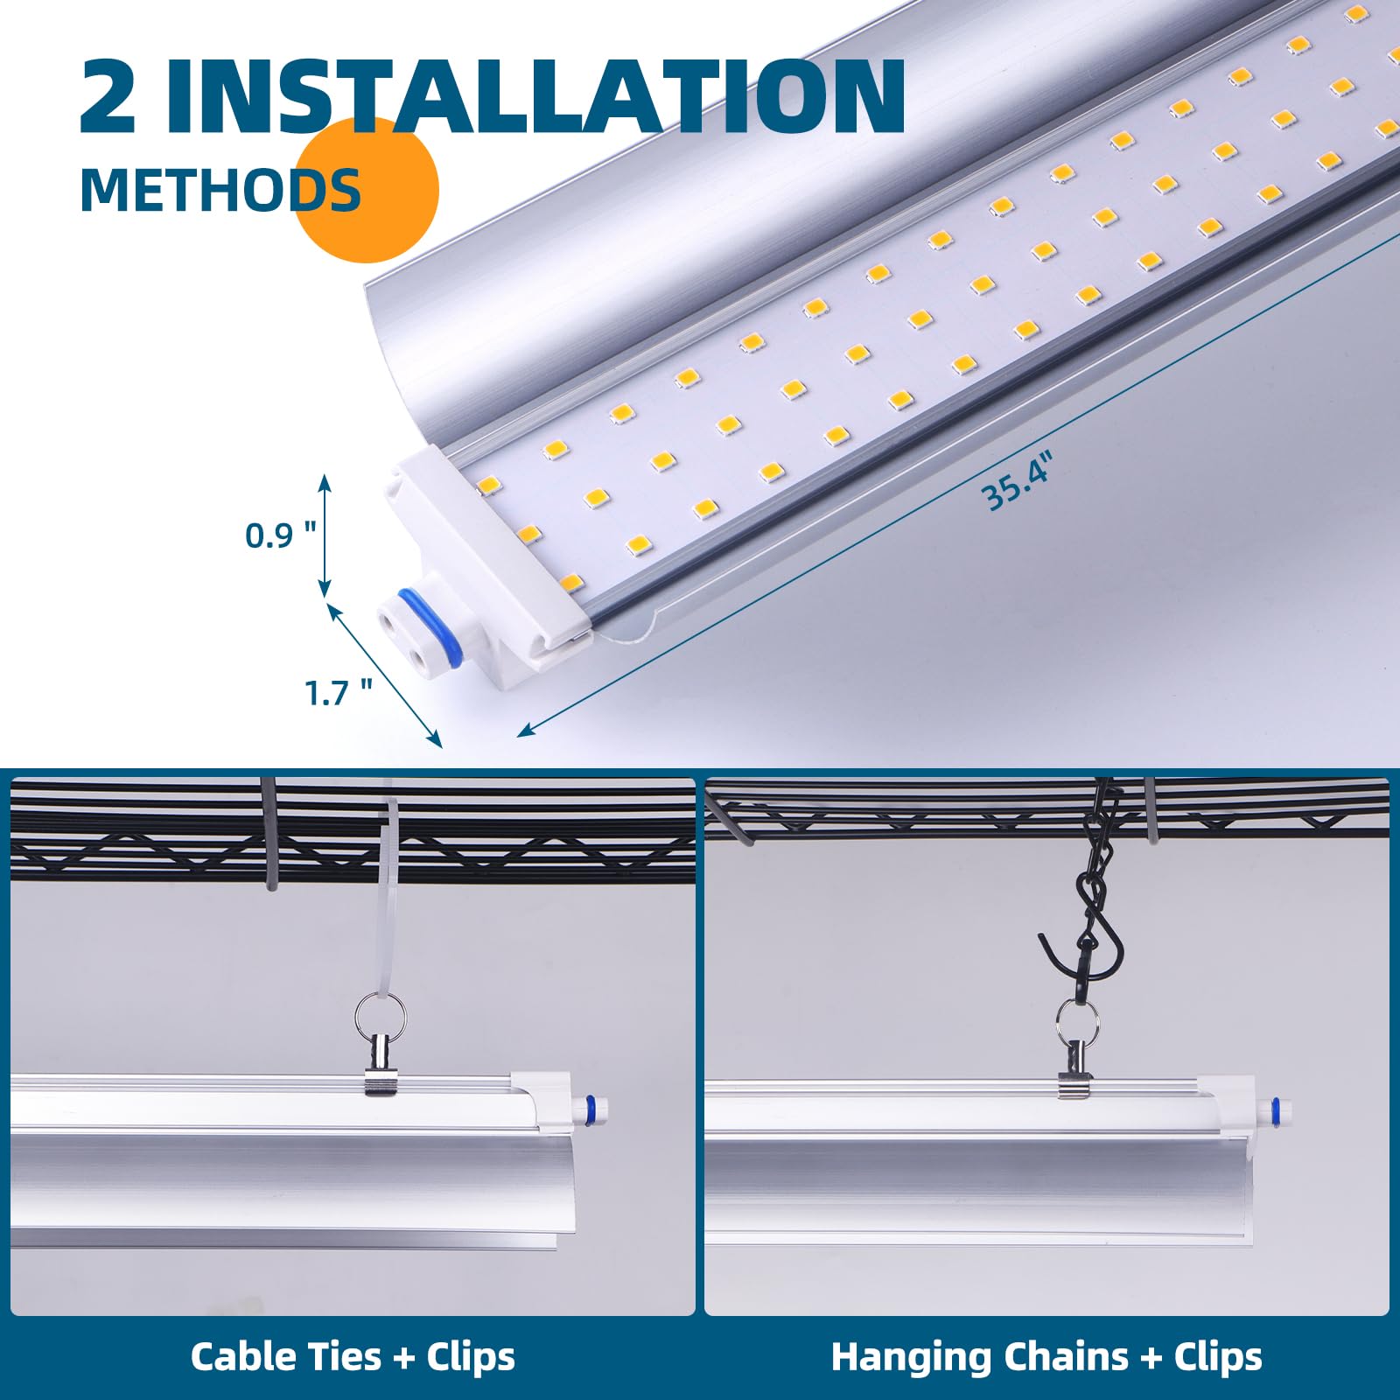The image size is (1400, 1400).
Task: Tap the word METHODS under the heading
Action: click(x=220, y=190)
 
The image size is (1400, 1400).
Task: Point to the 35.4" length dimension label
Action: click(x=1017, y=482)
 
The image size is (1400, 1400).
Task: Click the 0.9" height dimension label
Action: click(x=280, y=535)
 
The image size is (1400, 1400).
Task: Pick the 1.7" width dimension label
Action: click(x=338, y=693)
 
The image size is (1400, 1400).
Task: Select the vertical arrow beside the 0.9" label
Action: click(x=325, y=535)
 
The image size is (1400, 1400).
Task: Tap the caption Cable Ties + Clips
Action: click(x=353, y=1357)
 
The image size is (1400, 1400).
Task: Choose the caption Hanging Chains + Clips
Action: click(x=1046, y=1357)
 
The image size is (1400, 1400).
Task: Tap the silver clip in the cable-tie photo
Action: click(x=380, y=1066)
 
